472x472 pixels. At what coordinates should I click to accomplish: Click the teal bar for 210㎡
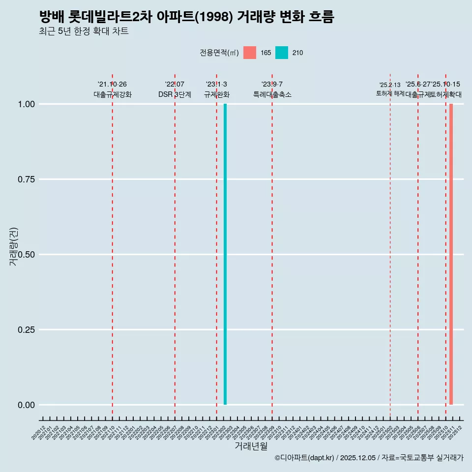tap(225, 254)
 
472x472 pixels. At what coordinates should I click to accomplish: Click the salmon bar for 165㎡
tap(451, 254)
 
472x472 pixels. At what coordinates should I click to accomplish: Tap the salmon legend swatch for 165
tap(250, 53)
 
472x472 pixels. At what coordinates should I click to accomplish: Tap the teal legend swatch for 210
tap(282, 53)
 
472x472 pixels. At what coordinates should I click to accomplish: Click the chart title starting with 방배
tap(186, 17)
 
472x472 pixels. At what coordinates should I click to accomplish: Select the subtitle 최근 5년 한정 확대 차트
tap(84, 31)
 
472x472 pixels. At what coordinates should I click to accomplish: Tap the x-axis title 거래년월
tap(251, 446)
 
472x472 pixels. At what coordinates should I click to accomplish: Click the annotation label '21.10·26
tap(112, 85)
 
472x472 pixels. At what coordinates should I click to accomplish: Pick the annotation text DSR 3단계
tap(175, 94)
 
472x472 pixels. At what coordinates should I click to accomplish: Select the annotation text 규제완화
tap(216, 94)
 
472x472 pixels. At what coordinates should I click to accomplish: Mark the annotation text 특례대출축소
tap(272, 94)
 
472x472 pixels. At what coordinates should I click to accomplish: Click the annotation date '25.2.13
tap(390, 85)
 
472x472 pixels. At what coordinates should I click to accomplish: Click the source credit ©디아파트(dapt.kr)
tap(304, 458)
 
